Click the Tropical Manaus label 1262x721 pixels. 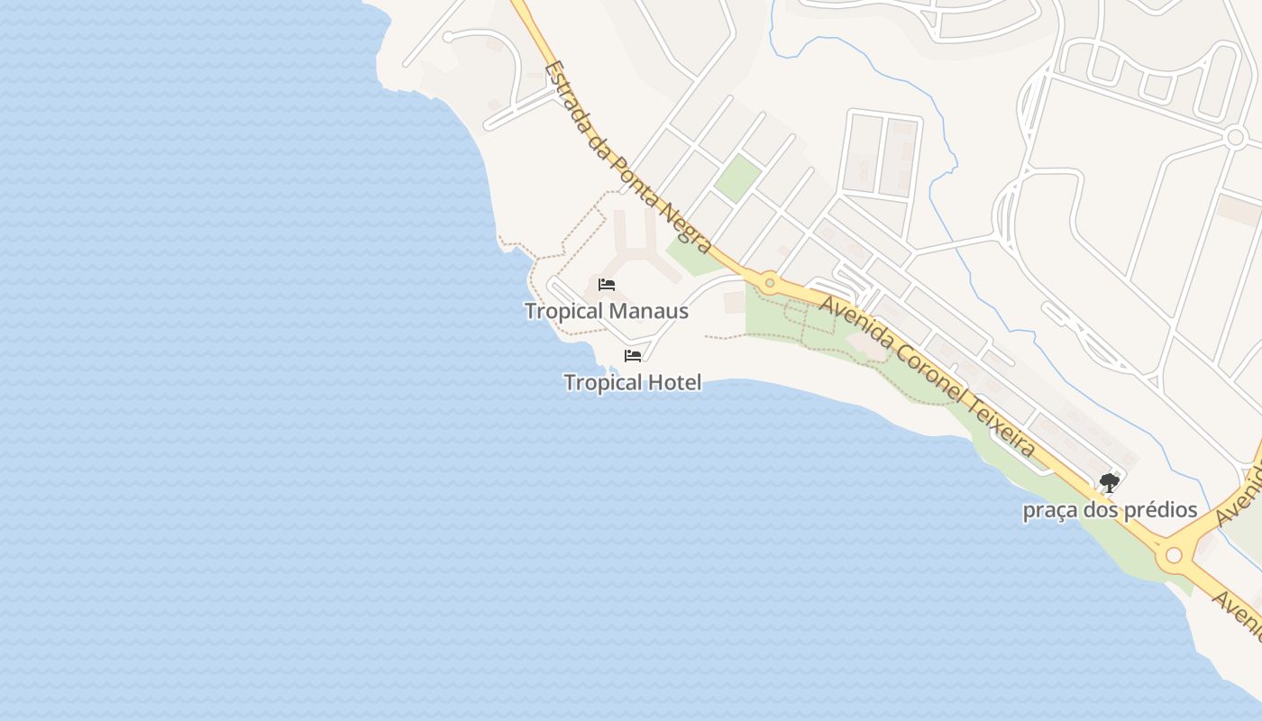coord(606,312)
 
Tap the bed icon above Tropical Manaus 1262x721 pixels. coord(607,285)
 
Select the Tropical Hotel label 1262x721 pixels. coord(632,383)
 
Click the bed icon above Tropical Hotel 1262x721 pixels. coord(633,356)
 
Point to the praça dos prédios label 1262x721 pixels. coord(1110,510)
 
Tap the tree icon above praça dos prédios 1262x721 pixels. coord(1110,484)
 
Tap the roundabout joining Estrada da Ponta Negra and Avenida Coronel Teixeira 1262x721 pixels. coord(769,283)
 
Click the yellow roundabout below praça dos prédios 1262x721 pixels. coord(1173,555)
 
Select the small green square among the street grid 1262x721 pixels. coord(737,178)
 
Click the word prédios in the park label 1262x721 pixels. coord(1157,510)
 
